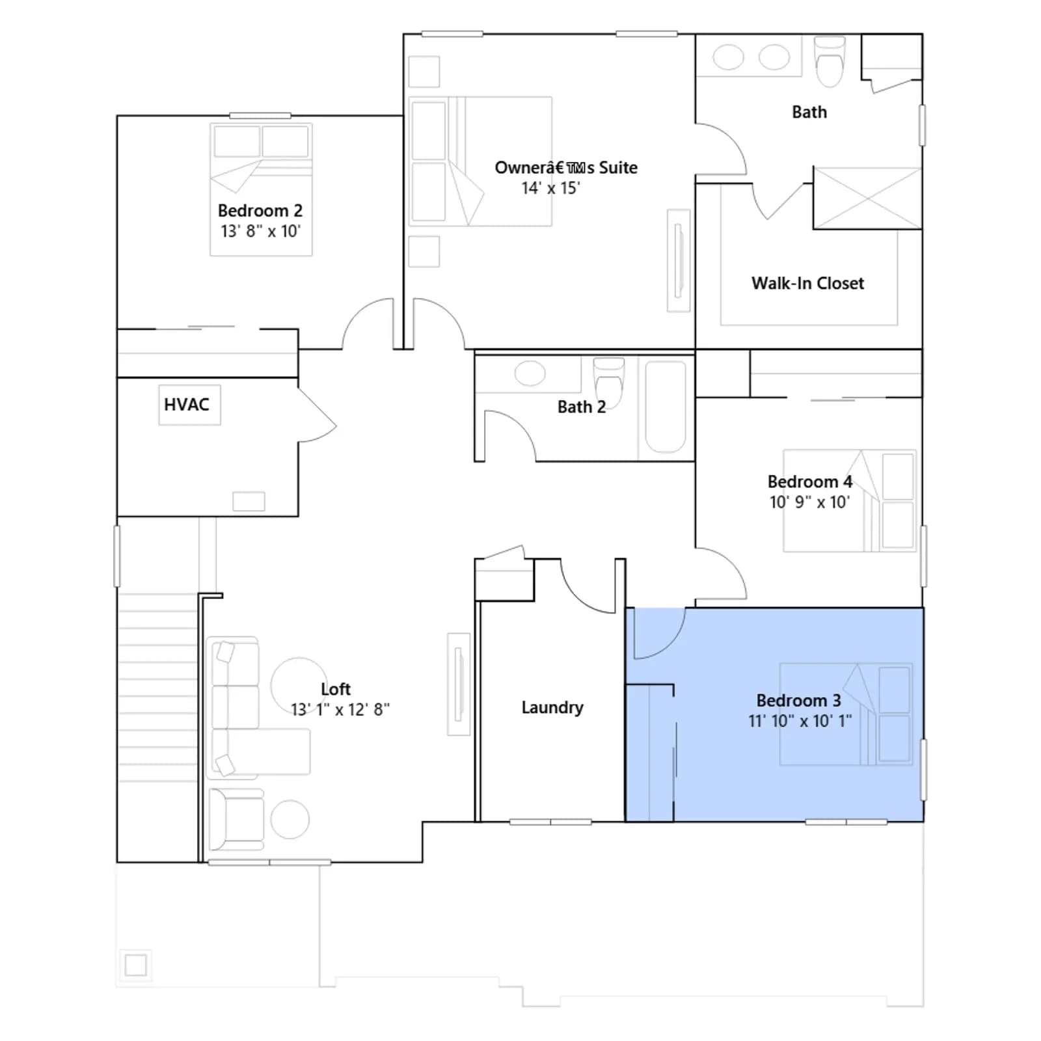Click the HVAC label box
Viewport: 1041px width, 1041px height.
click(x=189, y=405)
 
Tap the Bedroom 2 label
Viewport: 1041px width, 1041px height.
click(x=260, y=211)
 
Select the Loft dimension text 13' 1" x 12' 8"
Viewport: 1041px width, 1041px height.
click(x=340, y=709)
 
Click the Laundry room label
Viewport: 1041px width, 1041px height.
click(x=552, y=707)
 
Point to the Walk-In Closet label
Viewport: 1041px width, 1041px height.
click(x=808, y=283)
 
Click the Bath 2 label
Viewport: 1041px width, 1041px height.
click(x=582, y=407)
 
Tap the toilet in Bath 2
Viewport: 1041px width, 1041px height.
click(x=608, y=381)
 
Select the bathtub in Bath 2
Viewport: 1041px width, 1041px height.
click(x=666, y=407)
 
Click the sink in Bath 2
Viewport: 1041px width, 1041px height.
click(x=530, y=373)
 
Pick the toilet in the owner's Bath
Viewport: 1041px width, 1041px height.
click(x=830, y=62)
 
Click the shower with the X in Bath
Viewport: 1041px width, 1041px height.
click(x=867, y=198)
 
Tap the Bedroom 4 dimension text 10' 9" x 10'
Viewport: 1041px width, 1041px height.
click(x=809, y=502)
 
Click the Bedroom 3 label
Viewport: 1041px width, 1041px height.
click(x=798, y=701)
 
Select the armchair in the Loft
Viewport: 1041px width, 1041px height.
click(x=236, y=820)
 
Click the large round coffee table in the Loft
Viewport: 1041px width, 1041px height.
click(x=299, y=686)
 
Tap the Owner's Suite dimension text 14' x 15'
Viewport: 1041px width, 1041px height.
click(x=550, y=188)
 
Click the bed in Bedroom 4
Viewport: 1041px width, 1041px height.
click(x=849, y=501)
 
